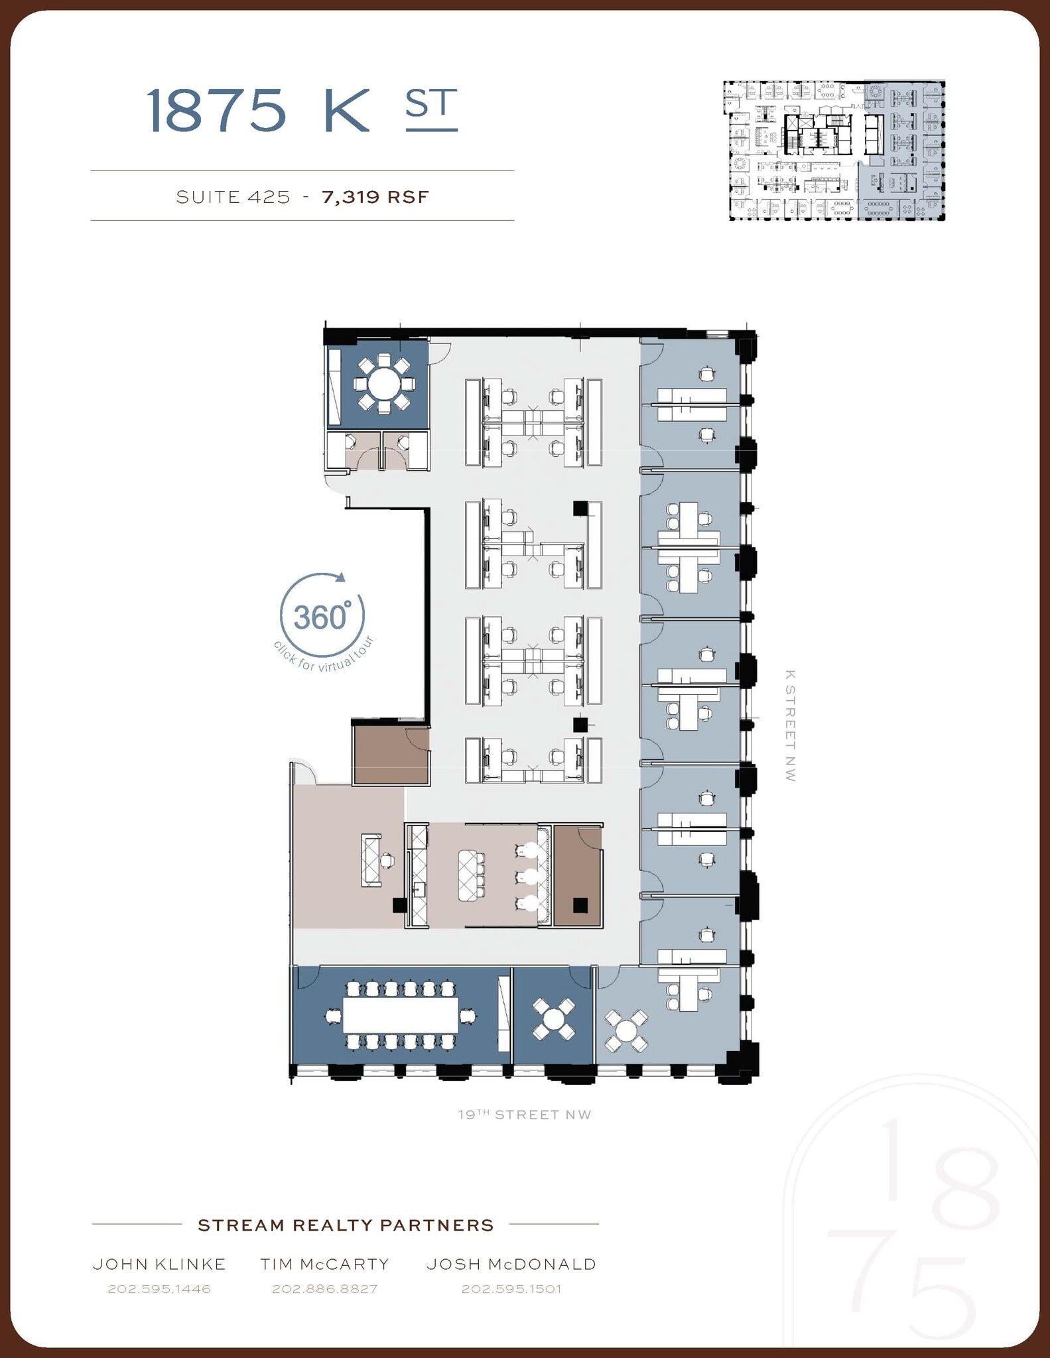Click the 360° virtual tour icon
pyautogui.click(x=322, y=617)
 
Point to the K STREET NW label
pyautogui.click(x=789, y=725)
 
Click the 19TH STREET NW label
pyautogui.click(x=524, y=1115)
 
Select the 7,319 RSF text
pyautogui.click(x=375, y=197)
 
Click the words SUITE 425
pyautogui.click(x=233, y=197)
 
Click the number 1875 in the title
pyautogui.click(x=216, y=110)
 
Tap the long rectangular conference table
pyautogui.click(x=400, y=1015)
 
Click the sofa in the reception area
pyautogui.click(x=370, y=860)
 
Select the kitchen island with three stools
pyautogui.click(x=472, y=875)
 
